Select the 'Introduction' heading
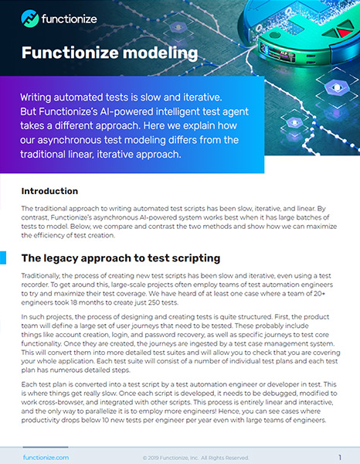pos(49,191)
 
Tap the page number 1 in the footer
pos(339,457)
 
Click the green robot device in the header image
pos(309,35)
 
